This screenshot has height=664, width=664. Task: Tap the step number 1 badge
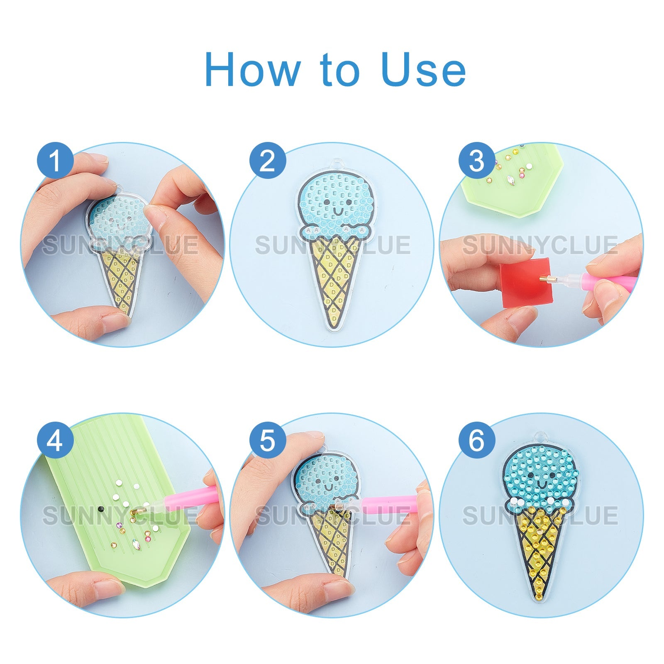coord(55,161)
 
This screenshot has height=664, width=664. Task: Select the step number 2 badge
coord(268,161)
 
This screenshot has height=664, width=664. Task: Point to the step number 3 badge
coord(477,161)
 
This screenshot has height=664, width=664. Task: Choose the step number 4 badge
coord(55,440)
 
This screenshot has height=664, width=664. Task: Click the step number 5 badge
coord(268,440)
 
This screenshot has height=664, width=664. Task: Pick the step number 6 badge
coord(477,440)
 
